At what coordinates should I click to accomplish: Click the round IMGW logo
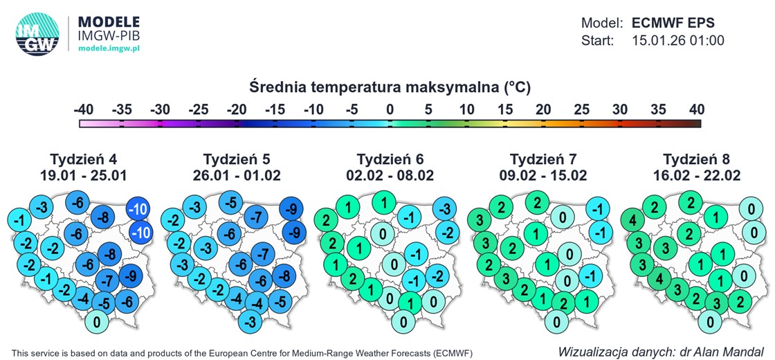[x=37, y=34]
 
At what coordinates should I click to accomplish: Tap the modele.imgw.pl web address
[x=109, y=48]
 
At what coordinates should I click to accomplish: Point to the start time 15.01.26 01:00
[x=677, y=41]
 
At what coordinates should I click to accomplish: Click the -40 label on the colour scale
[x=84, y=109]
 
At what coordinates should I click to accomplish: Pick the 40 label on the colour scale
[x=696, y=109]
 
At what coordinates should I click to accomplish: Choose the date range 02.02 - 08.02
[x=390, y=175]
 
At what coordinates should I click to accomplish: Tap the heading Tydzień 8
[x=696, y=159]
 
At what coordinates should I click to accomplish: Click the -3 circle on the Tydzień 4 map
[x=42, y=207]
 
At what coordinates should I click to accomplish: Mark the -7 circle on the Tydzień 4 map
[x=107, y=281]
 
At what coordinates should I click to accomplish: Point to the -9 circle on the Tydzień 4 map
[x=130, y=276]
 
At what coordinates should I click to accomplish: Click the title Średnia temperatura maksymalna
[x=390, y=88]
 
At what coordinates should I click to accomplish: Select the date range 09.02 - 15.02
[x=542, y=175]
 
